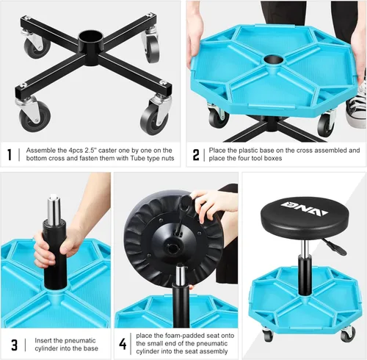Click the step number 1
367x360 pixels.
coord(10,155)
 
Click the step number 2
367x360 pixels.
coord(196,155)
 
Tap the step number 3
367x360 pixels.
coord(13,344)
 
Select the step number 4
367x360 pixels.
coord(123,343)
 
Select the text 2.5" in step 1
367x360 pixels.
coord(101,150)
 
